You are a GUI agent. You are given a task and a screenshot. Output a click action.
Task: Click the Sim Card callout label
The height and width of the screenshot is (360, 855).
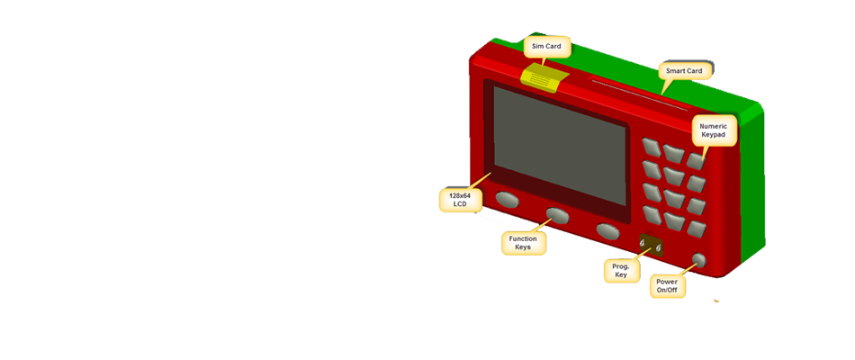(x=546, y=46)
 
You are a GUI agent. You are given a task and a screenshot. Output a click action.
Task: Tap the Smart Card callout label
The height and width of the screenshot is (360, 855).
(x=684, y=70)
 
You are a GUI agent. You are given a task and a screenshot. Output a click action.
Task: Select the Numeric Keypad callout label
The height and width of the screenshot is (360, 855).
(x=718, y=131)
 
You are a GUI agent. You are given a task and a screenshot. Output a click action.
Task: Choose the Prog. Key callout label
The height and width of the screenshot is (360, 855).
(x=621, y=270)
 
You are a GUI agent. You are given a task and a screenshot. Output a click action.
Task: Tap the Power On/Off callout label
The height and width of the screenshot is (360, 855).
(x=667, y=286)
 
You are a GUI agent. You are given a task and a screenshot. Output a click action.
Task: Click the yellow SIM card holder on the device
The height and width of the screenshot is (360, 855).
(x=543, y=76)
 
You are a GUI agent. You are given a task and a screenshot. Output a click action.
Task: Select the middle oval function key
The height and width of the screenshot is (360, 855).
(x=557, y=214)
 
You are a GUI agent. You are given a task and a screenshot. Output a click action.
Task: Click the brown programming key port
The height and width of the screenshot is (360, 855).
(x=649, y=246)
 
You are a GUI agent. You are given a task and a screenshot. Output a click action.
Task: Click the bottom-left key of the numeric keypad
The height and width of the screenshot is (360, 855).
(x=652, y=214)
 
